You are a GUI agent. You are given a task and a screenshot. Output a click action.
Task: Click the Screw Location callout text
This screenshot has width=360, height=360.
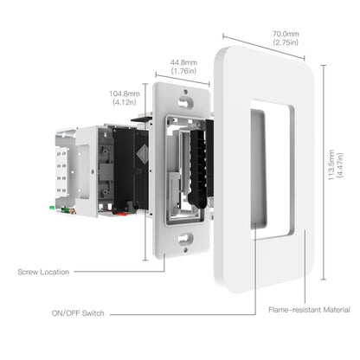[44, 271]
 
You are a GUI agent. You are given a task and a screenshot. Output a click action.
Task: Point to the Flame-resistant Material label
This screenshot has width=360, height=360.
[308, 307]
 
